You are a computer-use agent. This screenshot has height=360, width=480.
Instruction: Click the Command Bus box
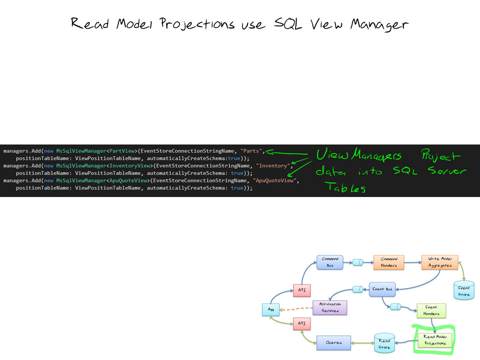(330, 262)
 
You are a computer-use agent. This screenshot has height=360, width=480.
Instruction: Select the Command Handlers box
(389, 262)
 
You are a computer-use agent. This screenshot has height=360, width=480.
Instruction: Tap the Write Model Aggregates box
(439, 262)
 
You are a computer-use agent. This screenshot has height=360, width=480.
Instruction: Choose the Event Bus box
(382, 288)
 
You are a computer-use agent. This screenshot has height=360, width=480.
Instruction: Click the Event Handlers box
(431, 310)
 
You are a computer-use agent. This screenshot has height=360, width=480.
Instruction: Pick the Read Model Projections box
(434, 340)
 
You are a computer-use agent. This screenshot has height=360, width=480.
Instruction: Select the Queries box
(333, 342)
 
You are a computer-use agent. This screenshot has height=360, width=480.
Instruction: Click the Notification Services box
(329, 307)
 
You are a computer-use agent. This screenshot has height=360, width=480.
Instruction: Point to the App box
(271, 310)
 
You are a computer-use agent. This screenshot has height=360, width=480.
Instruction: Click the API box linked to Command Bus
(301, 290)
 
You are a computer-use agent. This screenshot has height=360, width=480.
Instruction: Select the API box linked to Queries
(301, 324)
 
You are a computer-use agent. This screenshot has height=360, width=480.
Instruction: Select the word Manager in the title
(379, 24)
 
